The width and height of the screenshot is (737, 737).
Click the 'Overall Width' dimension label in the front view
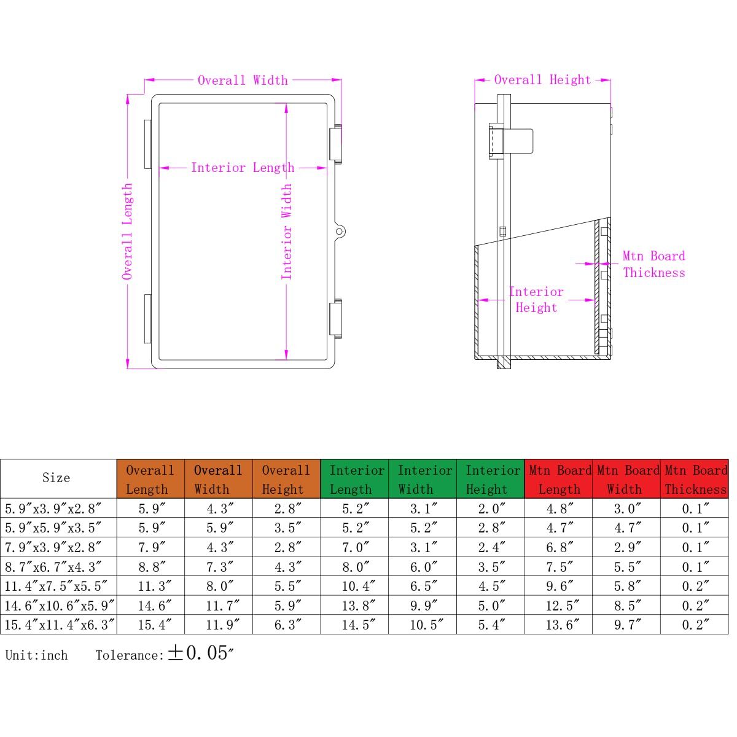pos(243,80)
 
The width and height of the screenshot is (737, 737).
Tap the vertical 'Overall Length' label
pos(127,232)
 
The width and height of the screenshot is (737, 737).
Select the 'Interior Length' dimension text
pos(243,168)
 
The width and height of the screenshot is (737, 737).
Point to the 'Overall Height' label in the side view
pos(542,80)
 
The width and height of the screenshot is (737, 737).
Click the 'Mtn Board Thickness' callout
pos(653,265)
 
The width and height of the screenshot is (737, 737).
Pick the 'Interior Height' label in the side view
pos(536,300)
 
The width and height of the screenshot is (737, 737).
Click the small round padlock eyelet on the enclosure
pos(340,232)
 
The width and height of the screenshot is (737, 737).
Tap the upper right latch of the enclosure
pos(336,144)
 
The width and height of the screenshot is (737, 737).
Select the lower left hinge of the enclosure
pos(147,319)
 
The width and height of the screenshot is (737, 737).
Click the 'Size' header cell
pos(57,478)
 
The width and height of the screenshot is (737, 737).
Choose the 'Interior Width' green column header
pos(424,479)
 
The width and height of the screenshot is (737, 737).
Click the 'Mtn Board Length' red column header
pos(559,479)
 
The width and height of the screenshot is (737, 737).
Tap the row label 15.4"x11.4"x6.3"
pos(60,625)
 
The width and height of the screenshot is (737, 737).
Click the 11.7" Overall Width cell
pos(219,606)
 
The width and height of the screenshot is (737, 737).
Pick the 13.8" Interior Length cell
pos(355,606)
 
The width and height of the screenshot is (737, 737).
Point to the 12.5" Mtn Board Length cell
pos(559,606)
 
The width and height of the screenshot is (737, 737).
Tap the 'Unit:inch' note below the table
pos(37,655)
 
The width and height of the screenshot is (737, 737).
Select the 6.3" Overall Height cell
pos(287,625)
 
